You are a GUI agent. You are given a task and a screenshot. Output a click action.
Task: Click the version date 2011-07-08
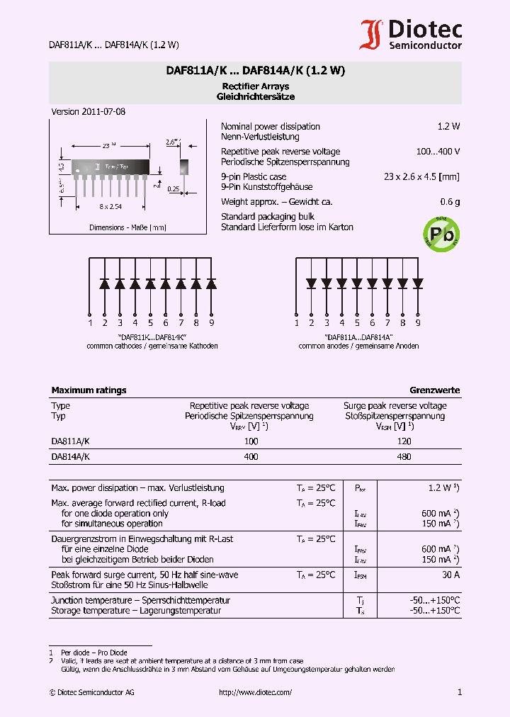tap(89, 112)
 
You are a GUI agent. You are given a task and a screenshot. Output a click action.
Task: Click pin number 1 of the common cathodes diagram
tap(90, 323)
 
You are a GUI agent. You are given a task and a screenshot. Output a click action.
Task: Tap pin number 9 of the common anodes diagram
tap(418, 323)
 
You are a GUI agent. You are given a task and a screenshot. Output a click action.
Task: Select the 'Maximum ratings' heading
tap(89, 390)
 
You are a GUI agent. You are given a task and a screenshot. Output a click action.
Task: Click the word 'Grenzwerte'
tap(434, 390)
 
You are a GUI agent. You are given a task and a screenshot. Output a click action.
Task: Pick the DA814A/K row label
tap(70, 457)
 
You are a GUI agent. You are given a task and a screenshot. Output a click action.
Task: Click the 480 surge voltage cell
tap(404, 457)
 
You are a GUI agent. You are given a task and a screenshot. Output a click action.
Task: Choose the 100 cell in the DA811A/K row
tap(250, 441)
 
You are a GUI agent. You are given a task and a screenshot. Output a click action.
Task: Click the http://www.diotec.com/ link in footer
tap(255, 692)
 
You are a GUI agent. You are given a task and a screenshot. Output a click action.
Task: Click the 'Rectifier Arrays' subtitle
tap(255, 86)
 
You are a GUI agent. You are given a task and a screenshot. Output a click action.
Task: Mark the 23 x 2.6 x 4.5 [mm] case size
tap(421, 176)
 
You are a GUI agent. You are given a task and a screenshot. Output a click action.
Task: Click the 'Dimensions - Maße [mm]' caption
tap(127, 227)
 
